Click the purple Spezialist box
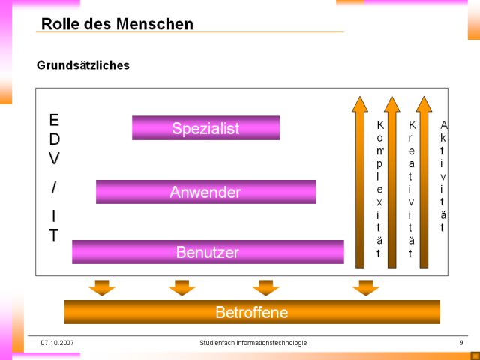(x=205, y=128)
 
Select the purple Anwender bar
(x=205, y=192)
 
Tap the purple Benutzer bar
(x=208, y=252)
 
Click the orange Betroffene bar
(x=252, y=312)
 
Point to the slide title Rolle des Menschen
(x=117, y=24)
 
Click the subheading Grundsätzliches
(x=83, y=65)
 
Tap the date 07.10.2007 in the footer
(x=57, y=343)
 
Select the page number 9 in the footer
(x=461, y=343)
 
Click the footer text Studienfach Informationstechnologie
(x=253, y=343)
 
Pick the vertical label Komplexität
(x=380, y=189)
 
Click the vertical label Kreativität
(x=412, y=189)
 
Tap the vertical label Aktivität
(x=443, y=176)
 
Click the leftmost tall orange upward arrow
(x=360, y=182)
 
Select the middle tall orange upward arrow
(x=391, y=182)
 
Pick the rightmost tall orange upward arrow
(x=424, y=182)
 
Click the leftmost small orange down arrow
(x=102, y=287)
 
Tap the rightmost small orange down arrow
(x=366, y=287)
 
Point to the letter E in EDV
(x=54, y=120)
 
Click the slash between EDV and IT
(x=54, y=187)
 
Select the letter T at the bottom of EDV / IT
(x=54, y=235)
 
